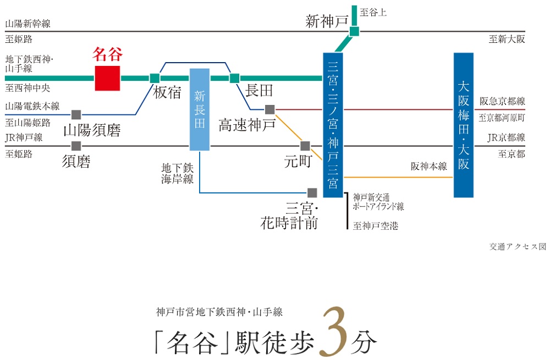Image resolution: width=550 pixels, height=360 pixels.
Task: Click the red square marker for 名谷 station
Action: [x=107, y=78]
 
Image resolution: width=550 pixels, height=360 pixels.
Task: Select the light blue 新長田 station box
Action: [x=200, y=109]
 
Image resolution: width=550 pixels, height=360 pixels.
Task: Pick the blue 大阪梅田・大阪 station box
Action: [x=464, y=125]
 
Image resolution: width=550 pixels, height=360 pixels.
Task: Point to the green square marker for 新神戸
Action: [x=354, y=31]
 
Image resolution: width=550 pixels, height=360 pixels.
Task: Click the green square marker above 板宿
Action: [x=155, y=78]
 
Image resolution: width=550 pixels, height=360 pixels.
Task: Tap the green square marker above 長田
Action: [x=235, y=78]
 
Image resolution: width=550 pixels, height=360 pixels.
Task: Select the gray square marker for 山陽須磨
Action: [x=76, y=114]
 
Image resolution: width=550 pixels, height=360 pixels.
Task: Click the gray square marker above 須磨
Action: [x=76, y=146]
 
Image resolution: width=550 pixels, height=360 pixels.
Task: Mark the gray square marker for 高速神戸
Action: [x=269, y=109]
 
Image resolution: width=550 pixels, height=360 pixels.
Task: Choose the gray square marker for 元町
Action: [x=305, y=146]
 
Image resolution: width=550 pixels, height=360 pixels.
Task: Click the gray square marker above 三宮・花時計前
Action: [x=312, y=193]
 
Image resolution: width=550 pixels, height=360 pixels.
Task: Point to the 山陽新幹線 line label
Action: [x=28, y=24]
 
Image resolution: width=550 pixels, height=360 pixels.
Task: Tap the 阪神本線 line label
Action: [x=429, y=166]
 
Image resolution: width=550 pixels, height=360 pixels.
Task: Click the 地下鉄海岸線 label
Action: [x=177, y=173]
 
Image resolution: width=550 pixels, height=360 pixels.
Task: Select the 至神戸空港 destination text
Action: [x=376, y=225]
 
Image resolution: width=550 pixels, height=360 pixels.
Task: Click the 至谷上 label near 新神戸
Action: [x=373, y=12]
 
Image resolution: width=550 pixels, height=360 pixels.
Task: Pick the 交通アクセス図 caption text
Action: [x=518, y=247]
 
